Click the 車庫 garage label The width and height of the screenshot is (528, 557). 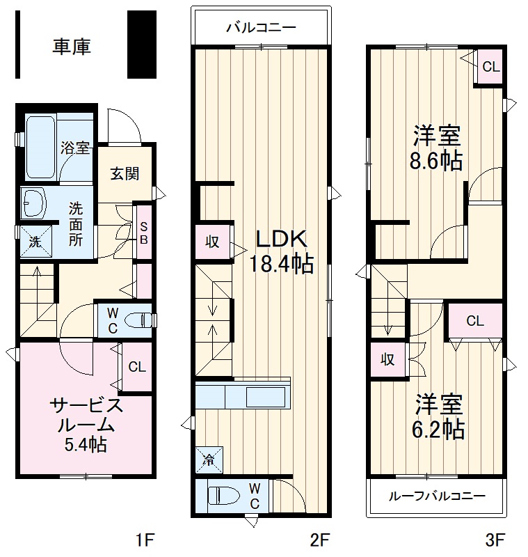(72, 47)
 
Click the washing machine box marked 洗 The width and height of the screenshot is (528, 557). (35, 241)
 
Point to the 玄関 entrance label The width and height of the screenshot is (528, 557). (123, 173)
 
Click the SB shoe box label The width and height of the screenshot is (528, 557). (144, 232)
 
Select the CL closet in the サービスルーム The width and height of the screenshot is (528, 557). (137, 367)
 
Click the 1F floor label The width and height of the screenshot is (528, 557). (144, 539)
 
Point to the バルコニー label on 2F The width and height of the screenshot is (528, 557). (261, 29)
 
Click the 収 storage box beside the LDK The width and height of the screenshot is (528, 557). (212, 242)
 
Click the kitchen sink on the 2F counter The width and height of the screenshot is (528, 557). (265, 397)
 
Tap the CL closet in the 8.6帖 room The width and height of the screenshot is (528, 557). (490, 67)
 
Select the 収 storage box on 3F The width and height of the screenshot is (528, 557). (387, 360)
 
